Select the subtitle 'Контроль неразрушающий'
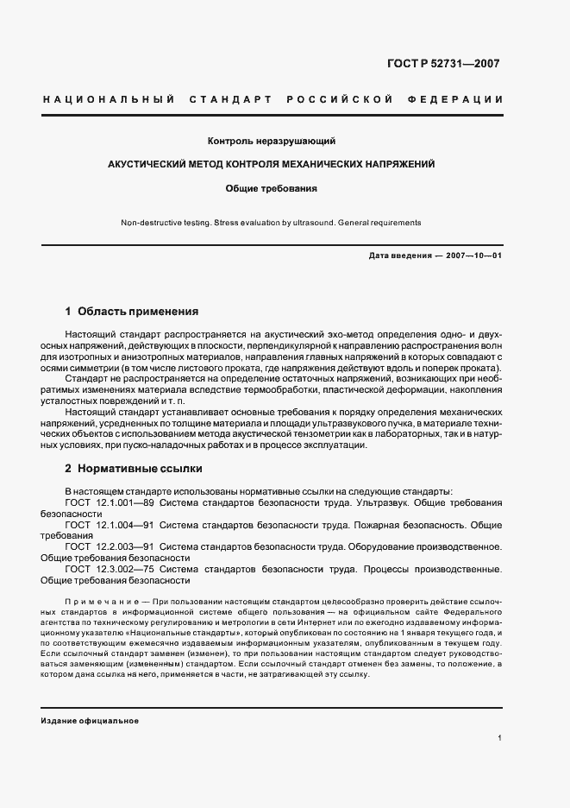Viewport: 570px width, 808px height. point(271,141)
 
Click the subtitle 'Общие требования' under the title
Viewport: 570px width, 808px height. point(271,187)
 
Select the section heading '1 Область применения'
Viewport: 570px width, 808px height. point(132,311)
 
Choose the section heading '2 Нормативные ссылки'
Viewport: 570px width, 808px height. point(134,469)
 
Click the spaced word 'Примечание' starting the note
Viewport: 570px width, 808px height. point(97,599)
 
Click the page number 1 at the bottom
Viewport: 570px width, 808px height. point(499,738)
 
